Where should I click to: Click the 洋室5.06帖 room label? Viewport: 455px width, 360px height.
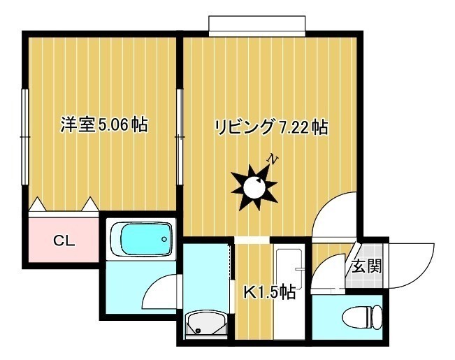pos(104,125)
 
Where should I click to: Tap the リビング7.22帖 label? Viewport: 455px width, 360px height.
pos(272,127)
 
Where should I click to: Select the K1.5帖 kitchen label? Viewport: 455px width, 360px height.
pos(269,292)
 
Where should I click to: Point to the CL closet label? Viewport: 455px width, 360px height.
pos(64,240)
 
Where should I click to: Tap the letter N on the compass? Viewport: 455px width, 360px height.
pos(273,159)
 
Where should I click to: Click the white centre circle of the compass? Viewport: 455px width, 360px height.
pos(254,187)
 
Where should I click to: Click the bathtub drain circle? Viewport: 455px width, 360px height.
pos(164,239)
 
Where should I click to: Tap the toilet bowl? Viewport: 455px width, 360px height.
pos(362,317)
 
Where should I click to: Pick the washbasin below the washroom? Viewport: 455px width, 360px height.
pos(205,325)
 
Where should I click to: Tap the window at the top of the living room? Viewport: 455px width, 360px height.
pos(257,26)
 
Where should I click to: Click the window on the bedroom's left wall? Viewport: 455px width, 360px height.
pos(25,136)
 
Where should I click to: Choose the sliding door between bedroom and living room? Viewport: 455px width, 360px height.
pos(180,136)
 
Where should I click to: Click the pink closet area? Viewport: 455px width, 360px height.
pos(64,240)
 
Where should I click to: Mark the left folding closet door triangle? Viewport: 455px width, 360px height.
pos(38,204)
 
